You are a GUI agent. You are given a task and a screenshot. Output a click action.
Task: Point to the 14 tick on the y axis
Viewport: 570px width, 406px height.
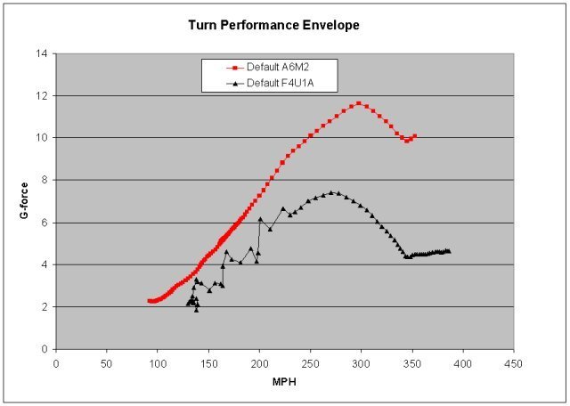[41, 53]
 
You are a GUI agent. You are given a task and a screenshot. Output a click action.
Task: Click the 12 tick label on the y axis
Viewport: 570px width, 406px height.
[41, 95]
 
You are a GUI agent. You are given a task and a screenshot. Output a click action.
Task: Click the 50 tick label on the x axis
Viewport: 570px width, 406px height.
[106, 363]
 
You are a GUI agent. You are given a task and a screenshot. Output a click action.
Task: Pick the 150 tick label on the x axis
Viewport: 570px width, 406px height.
[208, 363]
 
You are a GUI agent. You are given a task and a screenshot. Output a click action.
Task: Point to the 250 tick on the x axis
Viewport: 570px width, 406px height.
[310, 363]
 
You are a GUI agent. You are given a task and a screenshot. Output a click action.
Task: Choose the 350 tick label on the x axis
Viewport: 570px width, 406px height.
[411, 363]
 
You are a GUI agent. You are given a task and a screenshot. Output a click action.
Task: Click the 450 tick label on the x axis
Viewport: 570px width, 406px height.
[513, 363]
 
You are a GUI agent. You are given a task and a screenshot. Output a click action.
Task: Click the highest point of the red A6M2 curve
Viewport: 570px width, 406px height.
[358, 103]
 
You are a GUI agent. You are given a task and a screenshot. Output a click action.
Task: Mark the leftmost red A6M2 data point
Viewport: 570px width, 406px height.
[150, 301]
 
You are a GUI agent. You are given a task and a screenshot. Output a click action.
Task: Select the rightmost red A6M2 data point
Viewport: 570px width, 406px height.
[414, 136]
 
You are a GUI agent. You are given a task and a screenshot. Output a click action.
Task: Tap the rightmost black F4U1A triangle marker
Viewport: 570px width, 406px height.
[448, 251]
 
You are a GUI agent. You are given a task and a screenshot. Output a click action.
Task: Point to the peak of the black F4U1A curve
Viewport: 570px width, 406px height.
[331, 192]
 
